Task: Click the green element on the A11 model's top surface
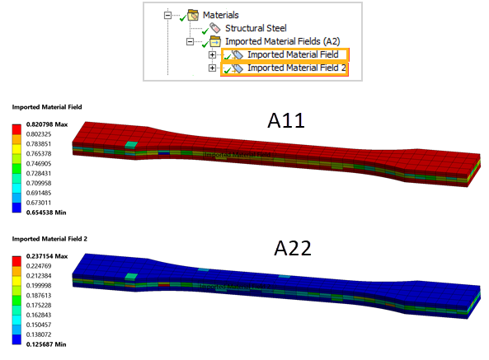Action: click(131, 146)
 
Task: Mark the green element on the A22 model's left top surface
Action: click(131, 278)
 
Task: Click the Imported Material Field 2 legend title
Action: click(47, 239)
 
